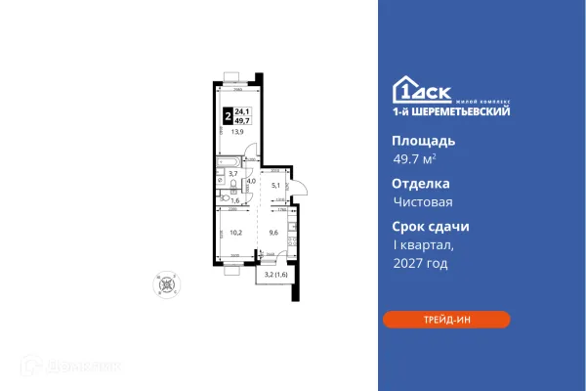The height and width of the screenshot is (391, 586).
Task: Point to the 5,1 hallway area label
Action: [x=275, y=184]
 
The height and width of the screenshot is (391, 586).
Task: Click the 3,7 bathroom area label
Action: [x=232, y=173]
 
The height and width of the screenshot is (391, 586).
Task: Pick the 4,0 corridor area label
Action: [x=251, y=181]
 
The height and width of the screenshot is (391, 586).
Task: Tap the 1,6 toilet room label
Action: [x=233, y=199]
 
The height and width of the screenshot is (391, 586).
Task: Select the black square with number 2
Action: [x=229, y=115]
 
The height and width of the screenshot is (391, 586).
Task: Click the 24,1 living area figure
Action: [x=243, y=110]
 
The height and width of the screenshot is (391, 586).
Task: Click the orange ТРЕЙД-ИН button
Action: [x=445, y=320]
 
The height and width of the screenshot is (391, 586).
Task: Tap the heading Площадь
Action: [x=418, y=140]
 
